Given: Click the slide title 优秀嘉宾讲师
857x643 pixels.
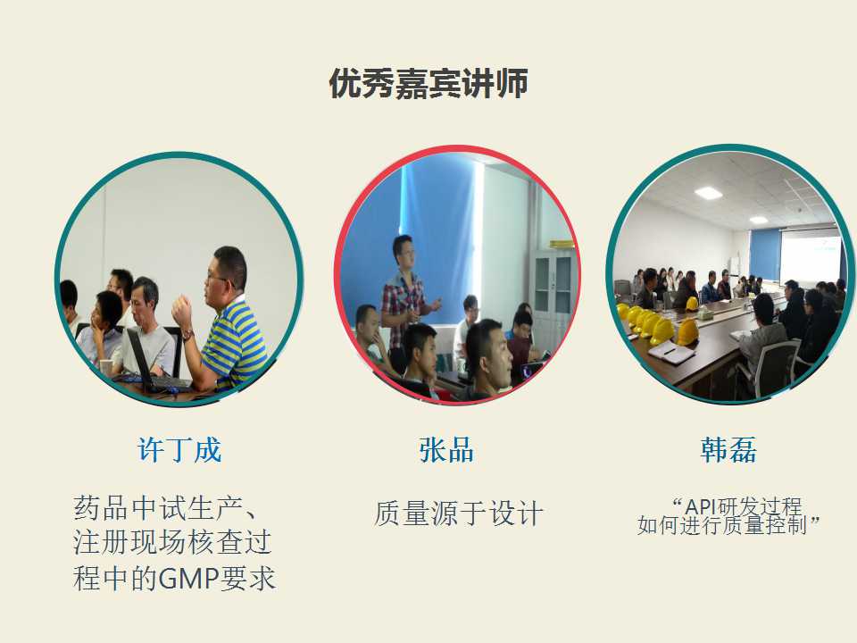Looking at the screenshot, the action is click(x=428, y=83).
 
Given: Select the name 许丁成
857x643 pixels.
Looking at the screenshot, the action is click(x=179, y=450).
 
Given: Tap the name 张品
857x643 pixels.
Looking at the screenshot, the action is click(x=446, y=450).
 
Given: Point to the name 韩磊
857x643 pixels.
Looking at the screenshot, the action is click(x=728, y=450).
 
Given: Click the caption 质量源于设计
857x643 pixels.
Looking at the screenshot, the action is click(x=459, y=514).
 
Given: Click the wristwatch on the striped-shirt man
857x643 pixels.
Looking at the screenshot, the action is click(x=187, y=334).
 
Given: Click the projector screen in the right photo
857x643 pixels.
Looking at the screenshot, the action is click(x=810, y=256).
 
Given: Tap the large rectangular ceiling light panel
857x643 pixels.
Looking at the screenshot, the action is click(x=708, y=193).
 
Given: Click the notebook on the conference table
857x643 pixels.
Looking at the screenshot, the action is click(x=670, y=353).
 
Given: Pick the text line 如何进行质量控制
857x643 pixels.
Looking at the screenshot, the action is click(x=722, y=525).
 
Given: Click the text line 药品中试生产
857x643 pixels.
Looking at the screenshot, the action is click(x=158, y=508).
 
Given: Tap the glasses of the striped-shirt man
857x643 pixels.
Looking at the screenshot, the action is click(x=218, y=280).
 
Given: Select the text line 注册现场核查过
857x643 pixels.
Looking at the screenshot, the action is click(x=172, y=543).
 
